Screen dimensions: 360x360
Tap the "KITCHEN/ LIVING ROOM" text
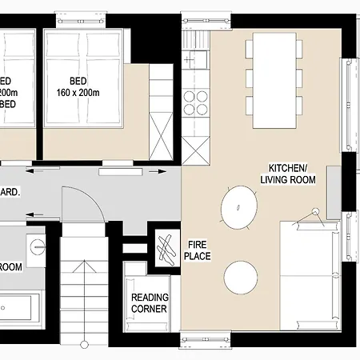(287, 174)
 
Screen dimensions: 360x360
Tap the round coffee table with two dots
(238, 205)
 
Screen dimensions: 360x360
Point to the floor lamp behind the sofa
(315, 211)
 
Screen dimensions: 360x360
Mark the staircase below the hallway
(83, 280)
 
